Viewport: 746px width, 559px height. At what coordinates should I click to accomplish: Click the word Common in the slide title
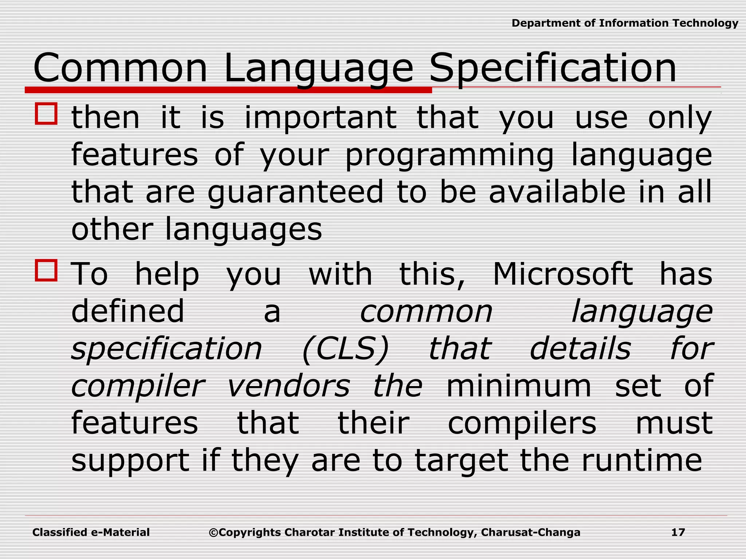pos(120,68)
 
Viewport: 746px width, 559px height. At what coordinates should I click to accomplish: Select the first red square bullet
pos(46,114)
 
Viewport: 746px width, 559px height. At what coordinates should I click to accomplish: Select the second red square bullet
pos(46,270)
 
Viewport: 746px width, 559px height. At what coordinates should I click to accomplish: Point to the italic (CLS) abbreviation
pos(345,349)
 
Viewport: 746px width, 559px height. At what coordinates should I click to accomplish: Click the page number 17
pos(678,532)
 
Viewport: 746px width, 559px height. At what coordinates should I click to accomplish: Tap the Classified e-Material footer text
pos(91,532)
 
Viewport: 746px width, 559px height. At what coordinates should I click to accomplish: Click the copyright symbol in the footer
pos(213,533)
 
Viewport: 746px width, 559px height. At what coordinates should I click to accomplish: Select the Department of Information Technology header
pos(625,23)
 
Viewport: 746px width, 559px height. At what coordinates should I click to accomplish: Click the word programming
pos(449,156)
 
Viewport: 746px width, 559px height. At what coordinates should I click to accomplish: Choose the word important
pos(321,118)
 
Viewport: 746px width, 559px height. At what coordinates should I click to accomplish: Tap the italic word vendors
pos(288,386)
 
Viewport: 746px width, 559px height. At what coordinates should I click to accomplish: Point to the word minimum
pos(519,386)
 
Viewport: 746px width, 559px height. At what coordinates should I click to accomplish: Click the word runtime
pos(641,460)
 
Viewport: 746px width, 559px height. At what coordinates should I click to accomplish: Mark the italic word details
pos(580,349)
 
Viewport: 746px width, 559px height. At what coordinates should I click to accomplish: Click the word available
pos(557,192)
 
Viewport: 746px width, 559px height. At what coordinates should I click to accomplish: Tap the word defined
pos(128,312)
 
